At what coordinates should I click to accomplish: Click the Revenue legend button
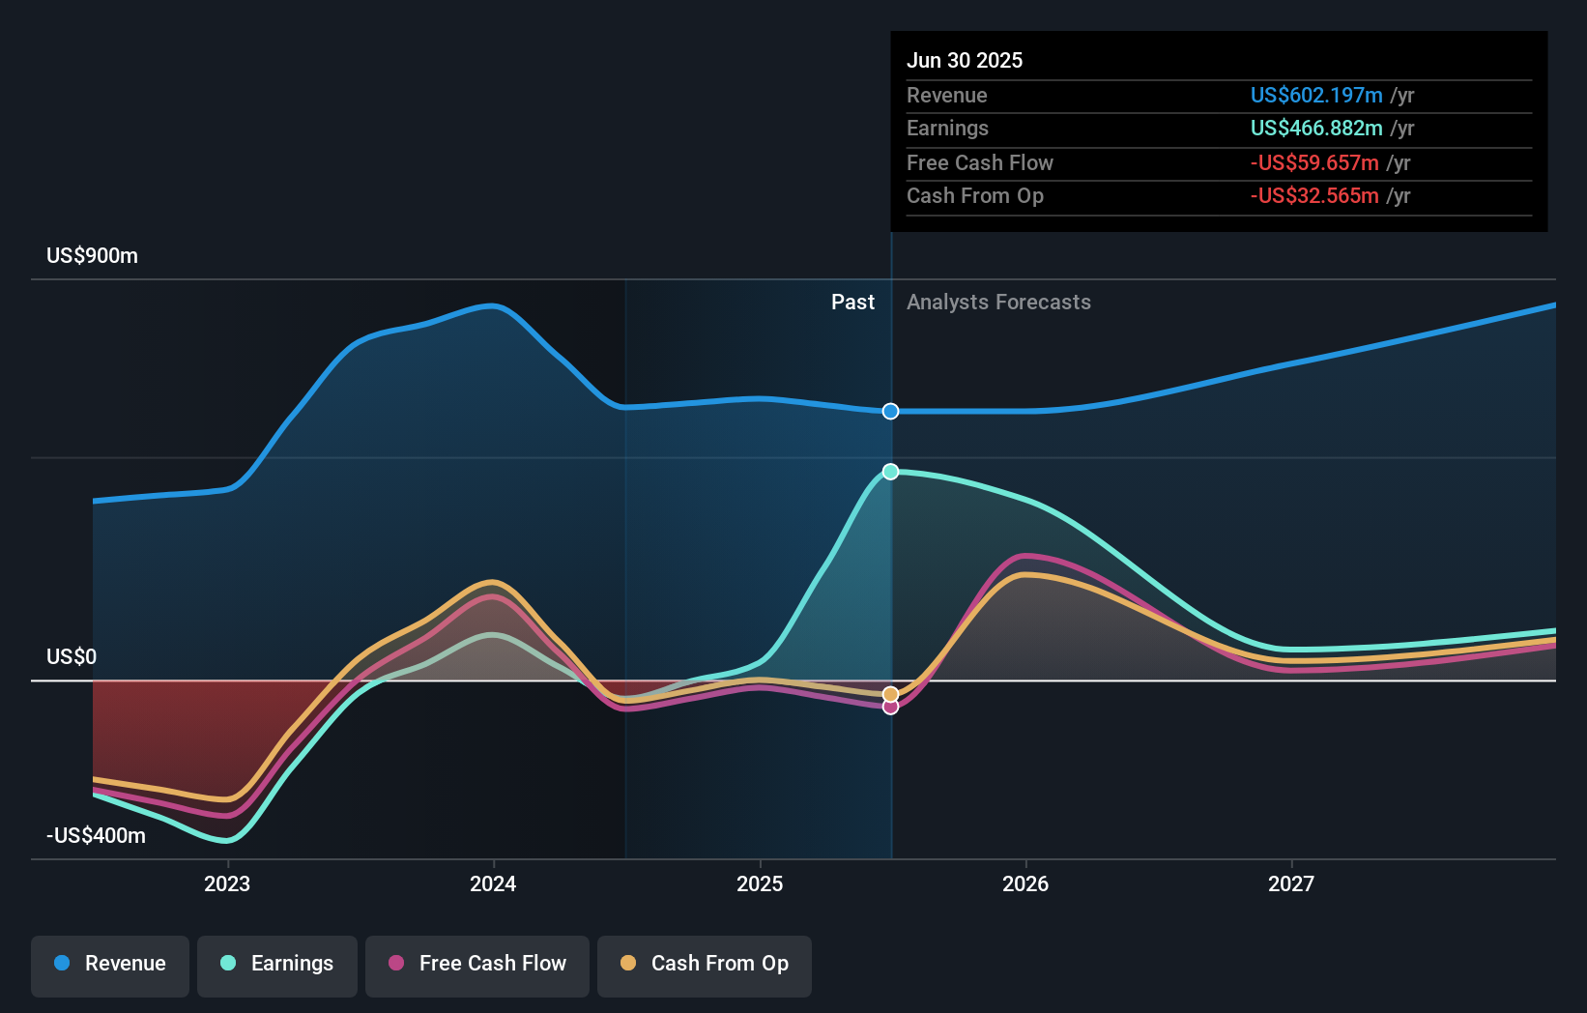[110, 965]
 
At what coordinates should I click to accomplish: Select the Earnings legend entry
[277, 965]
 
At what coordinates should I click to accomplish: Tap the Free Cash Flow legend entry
[477, 965]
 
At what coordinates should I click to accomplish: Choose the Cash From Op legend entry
[705, 965]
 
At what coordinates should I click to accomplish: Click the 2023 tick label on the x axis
[227, 884]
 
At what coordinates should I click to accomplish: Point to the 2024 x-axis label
[493, 884]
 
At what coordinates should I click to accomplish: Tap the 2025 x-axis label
[760, 884]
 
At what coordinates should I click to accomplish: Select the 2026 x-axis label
[1025, 884]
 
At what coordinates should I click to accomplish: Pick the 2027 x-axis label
[1291, 884]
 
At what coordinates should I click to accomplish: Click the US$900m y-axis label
[92, 256]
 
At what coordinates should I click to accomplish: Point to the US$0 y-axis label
[72, 657]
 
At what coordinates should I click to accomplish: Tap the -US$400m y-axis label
[96, 836]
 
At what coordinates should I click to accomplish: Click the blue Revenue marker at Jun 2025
[891, 412]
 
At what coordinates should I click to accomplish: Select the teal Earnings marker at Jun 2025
[891, 472]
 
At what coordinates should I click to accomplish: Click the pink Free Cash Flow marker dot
[891, 708]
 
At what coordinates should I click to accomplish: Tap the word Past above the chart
[852, 303]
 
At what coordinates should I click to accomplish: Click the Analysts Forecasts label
[998, 303]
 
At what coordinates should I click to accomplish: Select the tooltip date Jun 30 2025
[965, 61]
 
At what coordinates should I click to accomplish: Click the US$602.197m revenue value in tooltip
[1316, 96]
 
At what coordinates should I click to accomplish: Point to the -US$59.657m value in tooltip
[1314, 163]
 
